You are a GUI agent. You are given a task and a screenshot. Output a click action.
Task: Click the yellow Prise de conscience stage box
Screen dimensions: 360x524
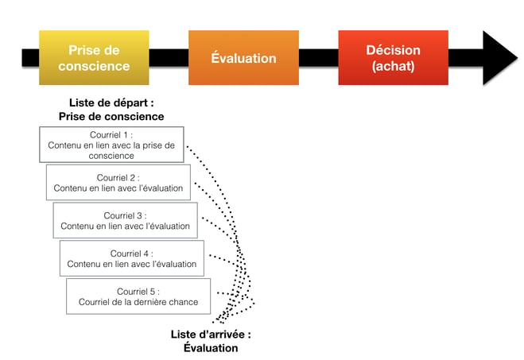tap(94, 57)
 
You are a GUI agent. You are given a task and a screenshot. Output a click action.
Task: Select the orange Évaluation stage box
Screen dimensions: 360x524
tap(243, 57)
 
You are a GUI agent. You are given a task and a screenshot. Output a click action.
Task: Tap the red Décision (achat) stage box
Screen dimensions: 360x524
tap(393, 57)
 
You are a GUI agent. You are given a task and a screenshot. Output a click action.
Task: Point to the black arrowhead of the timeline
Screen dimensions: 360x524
tap(499, 57)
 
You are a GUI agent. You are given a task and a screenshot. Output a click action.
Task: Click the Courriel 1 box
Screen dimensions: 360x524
tap(111, 145)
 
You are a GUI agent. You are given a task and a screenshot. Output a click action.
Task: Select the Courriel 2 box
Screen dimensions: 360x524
tap(118, 182)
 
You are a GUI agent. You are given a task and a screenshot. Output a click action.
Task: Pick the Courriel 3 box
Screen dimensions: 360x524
tap(125, 220)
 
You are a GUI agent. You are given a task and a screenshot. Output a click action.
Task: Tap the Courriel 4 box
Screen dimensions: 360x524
tap(131, 258)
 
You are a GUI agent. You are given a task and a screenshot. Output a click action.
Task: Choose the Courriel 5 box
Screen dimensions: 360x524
tap(138, 296)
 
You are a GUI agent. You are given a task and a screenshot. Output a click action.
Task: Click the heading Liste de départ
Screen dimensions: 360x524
tap(111, 103)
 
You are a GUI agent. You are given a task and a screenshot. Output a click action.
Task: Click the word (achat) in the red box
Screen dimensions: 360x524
tap(393, 67)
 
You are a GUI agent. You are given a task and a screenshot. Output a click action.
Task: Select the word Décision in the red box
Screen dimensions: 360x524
tap(393, 50)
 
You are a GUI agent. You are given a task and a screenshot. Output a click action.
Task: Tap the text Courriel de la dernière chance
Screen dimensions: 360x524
tap(138, 302)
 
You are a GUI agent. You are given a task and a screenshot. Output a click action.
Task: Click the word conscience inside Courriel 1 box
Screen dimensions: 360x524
tap(111, 156)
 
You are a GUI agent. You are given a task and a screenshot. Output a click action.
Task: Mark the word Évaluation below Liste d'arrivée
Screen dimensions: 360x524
tap(211, 347)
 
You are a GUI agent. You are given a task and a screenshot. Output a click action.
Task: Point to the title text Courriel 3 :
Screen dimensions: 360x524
tap(125, 215)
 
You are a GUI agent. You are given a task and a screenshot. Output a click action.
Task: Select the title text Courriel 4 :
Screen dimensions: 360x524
tap(131, 253)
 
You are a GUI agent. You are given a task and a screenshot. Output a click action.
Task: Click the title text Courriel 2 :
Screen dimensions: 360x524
tap(118, 176)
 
